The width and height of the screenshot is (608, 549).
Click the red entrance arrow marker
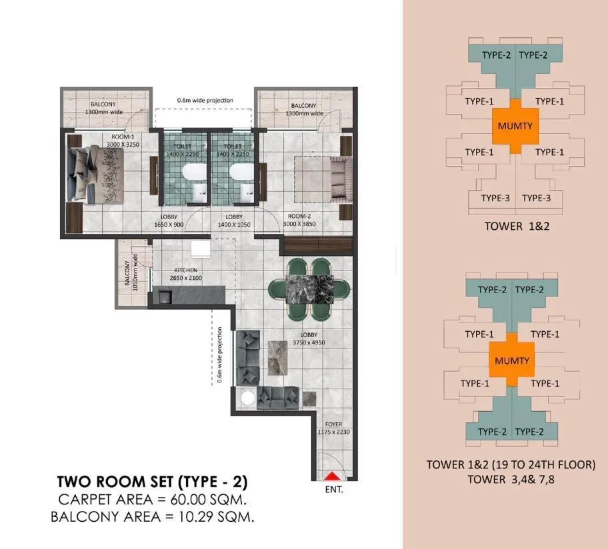[x=331, y=475]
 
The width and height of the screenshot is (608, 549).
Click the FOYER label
[x=334, y=424]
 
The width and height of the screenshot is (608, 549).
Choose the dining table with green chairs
[x=309, y=287]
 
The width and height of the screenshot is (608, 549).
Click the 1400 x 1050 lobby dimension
[x=233, y=225]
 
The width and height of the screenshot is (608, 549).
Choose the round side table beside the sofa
[x=248, y=398]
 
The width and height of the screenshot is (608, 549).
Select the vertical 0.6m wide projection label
[x=219, y=355]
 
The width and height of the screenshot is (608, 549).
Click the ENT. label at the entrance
[x=335, y=490]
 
